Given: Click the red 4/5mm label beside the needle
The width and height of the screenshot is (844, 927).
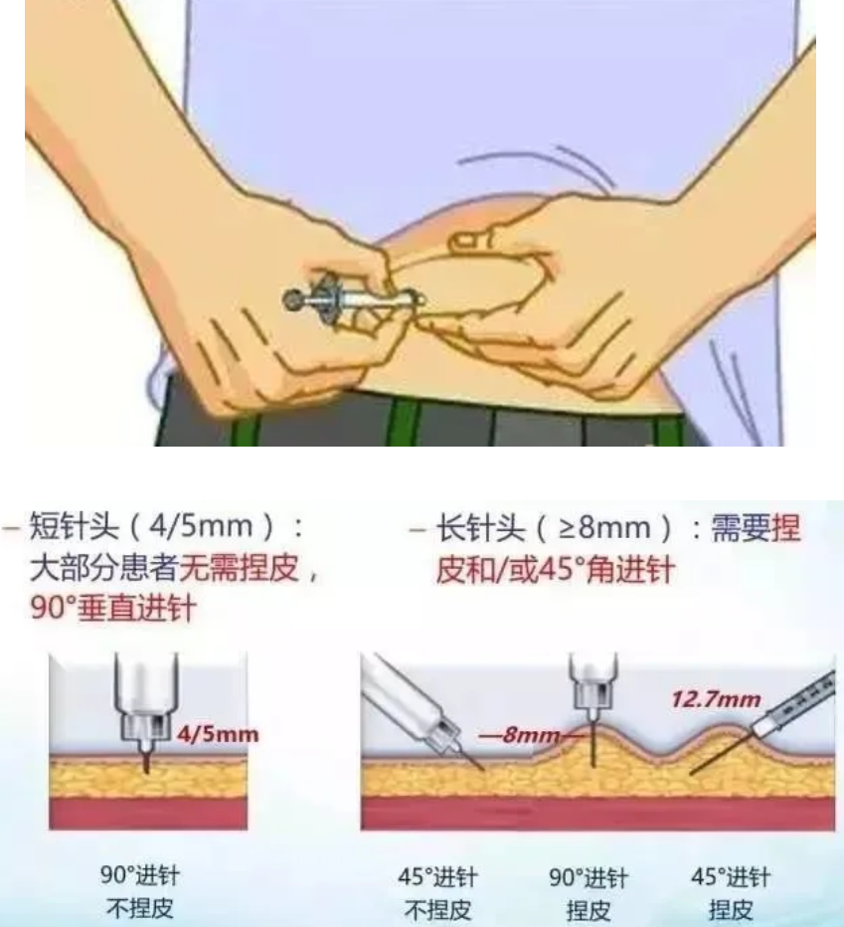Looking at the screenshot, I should (217, 735).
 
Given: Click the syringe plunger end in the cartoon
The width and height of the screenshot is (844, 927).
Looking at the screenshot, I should (295, 297).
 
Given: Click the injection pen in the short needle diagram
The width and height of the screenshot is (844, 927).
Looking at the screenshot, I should (147, 696).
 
